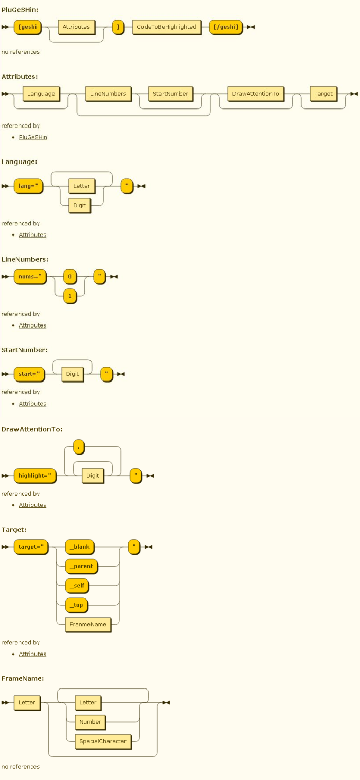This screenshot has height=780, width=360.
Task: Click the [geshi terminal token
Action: point(27,27)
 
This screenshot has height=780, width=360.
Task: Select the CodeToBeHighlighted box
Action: point(167,27)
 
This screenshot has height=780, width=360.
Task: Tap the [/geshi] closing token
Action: point(226,27)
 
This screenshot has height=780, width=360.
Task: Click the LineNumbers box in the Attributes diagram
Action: point(108,94)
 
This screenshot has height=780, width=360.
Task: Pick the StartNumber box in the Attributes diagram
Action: point(170,94)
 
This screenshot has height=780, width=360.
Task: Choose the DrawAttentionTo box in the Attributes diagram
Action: point(256,94)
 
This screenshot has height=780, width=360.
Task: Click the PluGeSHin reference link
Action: point(33,137)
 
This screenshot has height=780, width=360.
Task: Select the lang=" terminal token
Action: point(28,186)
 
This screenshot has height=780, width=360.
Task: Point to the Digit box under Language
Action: point(79,206)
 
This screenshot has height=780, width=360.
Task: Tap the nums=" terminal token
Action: point(30,277)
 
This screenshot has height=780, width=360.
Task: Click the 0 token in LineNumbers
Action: point(70,277)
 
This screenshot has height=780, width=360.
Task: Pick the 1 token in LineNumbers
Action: point(70,296)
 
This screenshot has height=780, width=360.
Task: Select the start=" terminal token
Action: point(29,374)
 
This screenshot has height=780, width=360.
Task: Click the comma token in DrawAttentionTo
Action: point(79,446)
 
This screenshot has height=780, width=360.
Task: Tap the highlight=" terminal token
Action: point(35,476)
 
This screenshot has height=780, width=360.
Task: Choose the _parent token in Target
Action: point(81,566)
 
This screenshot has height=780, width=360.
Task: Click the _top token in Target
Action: point(77,605)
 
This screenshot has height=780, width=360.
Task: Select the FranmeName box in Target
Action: point(88,625)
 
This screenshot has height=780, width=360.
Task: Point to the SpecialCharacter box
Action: point(103,742)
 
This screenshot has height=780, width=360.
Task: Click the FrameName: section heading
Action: point(23,678)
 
